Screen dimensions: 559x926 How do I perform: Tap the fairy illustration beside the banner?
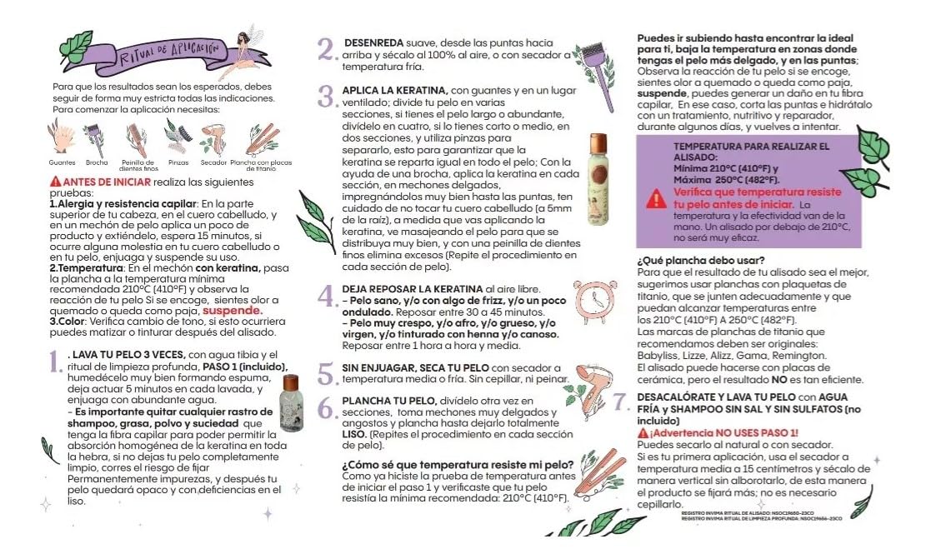tap(248, 52)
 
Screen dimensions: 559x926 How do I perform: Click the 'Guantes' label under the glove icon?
tap(63, 162)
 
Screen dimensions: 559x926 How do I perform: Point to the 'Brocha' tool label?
tap(97, 162)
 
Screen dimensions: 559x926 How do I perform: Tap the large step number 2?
tap(327, 49)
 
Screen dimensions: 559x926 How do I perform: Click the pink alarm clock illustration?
tap(595, 297)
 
